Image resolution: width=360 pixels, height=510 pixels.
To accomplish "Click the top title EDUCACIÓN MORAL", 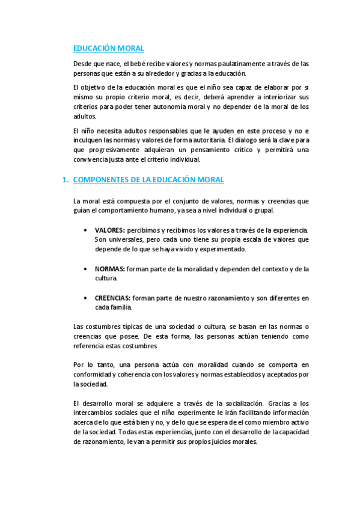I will [x=108, y=49].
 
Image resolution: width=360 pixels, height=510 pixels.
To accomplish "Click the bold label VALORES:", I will [x=109, y=230].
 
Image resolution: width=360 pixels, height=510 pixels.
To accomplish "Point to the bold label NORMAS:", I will [x=109, y=269].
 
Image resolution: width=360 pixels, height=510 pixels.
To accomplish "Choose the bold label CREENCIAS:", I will [x=112, y=298].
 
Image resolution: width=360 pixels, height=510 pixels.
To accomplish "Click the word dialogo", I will [x=248, y=140].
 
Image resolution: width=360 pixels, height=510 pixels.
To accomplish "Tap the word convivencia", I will [x=91, y=159].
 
